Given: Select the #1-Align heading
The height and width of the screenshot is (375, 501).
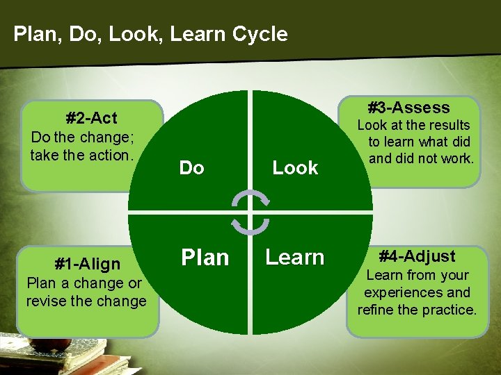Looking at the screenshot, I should pos(87,264).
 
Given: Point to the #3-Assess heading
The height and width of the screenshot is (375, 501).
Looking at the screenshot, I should pos(408,108).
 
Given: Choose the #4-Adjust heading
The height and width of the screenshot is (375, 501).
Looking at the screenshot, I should pos(416,256).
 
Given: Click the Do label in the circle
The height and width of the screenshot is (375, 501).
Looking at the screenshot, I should pos(191,168).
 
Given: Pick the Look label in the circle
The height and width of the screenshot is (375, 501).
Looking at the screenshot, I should pos(295,168).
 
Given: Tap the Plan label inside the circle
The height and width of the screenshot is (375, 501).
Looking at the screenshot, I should pos(204,258).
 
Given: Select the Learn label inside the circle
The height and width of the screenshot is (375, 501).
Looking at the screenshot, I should pos(295,258).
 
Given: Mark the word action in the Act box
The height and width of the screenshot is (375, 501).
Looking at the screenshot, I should pos(113,155).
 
